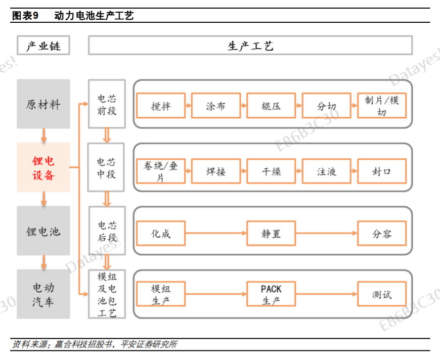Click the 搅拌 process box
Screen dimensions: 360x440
161,106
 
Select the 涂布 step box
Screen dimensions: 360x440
216,106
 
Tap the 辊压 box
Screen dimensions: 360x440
271,106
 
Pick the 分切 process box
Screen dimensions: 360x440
326,106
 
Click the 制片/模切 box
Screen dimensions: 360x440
381,106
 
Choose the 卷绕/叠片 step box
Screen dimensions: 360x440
161,171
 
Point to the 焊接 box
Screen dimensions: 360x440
216,171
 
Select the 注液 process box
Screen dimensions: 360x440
326,171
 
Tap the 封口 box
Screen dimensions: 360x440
381,171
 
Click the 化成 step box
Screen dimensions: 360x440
161,234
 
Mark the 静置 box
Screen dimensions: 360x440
271,234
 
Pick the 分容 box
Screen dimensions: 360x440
381,234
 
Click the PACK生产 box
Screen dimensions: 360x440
271,295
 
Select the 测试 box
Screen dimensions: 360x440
381,295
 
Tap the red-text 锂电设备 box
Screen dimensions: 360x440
43,168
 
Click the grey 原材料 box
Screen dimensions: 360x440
43,104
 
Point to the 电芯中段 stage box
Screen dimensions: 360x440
106,168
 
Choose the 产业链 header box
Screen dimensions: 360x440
43,46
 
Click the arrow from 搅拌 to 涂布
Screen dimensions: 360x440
189,106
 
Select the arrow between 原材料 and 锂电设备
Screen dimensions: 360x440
44,136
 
